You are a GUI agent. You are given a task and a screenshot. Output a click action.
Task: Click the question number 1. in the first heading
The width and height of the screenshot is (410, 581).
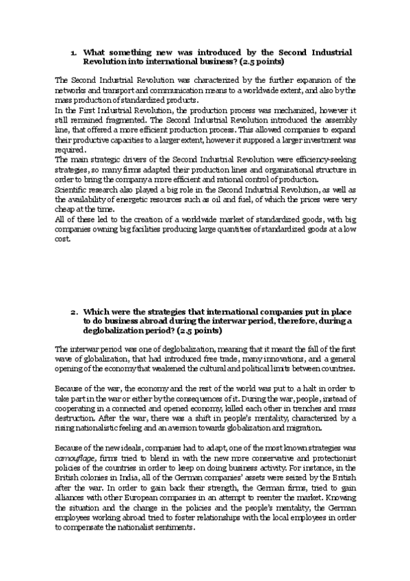click(74, 52)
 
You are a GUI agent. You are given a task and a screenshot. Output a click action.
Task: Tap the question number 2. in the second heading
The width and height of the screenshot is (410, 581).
click(74, 312)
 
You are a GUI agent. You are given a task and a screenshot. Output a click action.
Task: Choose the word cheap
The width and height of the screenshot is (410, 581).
click(67, 208)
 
